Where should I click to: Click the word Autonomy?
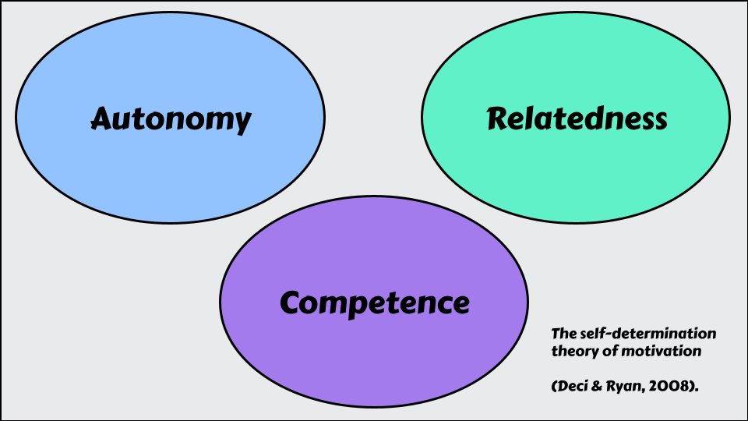171,119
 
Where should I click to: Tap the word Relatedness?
577,119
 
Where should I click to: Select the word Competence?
375,302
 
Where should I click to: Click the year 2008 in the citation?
673,386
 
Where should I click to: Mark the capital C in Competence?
291,302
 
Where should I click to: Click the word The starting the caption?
564,334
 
